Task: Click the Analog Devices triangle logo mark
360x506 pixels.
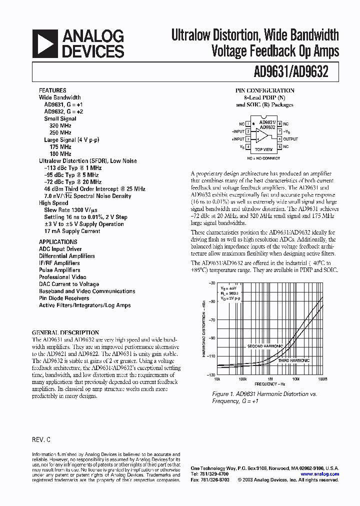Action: (44, 44)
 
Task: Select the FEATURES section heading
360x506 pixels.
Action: (52, 90)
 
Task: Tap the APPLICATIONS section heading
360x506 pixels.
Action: (58, 242)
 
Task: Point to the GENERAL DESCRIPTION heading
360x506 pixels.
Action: (65, 332)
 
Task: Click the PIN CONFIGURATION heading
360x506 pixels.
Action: (265, 90)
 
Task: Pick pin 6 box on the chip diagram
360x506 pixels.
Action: (279, 139)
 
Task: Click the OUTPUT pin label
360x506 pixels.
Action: (290, 139)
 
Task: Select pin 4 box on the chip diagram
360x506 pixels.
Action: (248, 147)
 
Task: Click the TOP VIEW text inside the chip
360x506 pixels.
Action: (263, 149)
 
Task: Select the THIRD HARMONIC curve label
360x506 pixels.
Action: (293, 360)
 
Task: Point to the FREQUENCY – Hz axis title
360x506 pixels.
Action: (269, 384)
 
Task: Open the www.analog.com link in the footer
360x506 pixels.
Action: (320, 474)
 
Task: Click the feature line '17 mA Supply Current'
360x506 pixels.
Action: (72, 231)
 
